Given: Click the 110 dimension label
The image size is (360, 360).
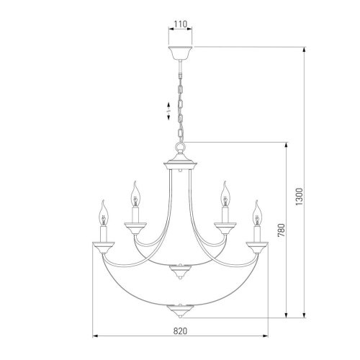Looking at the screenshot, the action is click(180, 24).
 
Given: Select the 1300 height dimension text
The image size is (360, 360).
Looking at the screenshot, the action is click(300, 197).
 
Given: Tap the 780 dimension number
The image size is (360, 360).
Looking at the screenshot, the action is click(281, 230).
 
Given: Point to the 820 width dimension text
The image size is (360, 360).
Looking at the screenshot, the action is click(180, 331).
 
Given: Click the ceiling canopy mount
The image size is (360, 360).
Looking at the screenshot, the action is click(180, 53).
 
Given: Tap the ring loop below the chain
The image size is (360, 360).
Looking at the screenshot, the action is click(180, 146).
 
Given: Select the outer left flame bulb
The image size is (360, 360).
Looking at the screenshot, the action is click(104, 213).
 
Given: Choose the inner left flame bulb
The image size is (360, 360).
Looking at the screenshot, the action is click(135, 194).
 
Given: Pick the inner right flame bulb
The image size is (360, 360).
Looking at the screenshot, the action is click(225, 194).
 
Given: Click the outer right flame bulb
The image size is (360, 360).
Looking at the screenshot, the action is click(257, 213).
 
